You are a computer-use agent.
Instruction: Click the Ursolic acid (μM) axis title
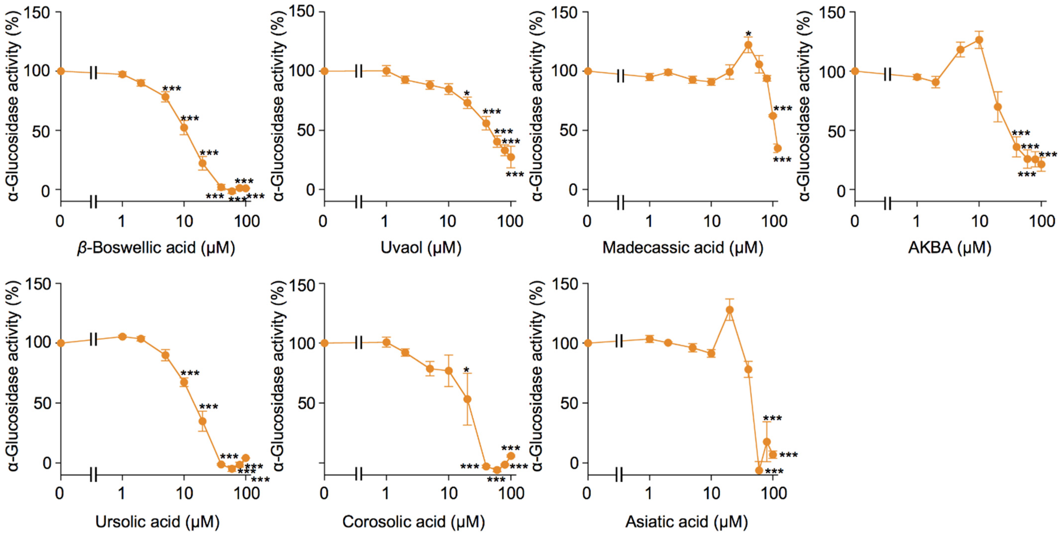[x=157, y=522]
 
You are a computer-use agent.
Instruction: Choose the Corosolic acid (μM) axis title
[x=414, y=522]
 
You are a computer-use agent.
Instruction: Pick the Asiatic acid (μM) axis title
[x=686, y=522]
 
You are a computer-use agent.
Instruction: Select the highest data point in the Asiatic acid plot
[x=730, y=310]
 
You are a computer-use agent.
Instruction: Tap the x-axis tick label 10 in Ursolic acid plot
[x=184, y=493]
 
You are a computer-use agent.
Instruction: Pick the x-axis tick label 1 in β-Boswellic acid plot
[x=122, y=222]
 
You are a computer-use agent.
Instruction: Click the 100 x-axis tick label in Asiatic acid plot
[x=774, y=493]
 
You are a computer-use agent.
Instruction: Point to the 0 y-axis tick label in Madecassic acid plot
[x=573, y=190]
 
